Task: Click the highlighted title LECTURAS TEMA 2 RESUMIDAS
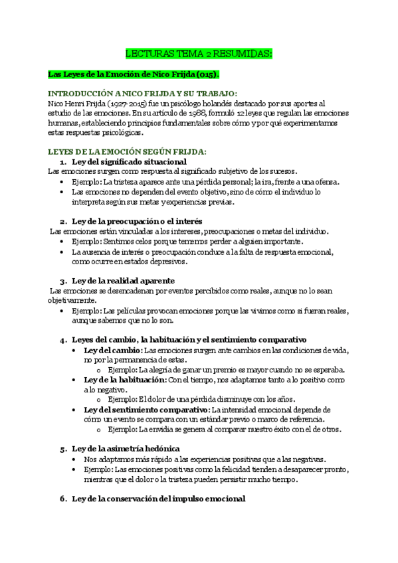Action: click(x=199, y=53)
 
